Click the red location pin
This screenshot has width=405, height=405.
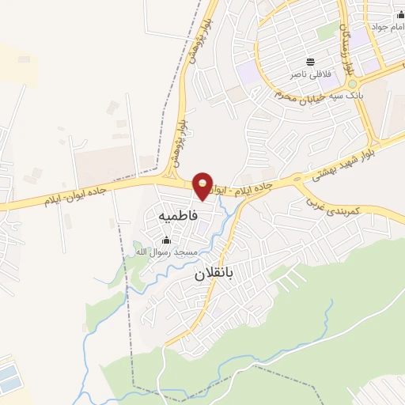click(203, 185)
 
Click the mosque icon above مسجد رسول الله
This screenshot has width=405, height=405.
click(166, 240)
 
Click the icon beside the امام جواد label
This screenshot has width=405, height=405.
click(398, 15)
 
